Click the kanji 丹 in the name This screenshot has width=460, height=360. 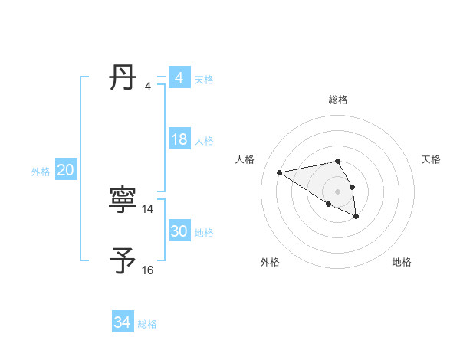pos(123,77)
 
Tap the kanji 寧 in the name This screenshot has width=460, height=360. pos(123,201)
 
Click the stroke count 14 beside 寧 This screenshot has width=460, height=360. pos(148,208)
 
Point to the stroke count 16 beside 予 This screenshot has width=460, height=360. pos(148,270)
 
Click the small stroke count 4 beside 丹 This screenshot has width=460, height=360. pos(148,86)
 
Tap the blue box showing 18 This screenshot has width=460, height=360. pos(179,139)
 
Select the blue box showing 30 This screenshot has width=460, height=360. pos(179,231)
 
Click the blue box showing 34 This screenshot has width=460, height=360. pos(122,322)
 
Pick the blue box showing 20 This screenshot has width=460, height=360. pos(65,170)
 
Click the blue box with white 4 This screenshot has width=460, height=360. pos(179,78)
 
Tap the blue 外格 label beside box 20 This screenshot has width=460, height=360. pos(41,172)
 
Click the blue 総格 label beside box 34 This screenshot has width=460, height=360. pos(147,324)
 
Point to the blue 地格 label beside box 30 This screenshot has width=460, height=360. pos(204,233)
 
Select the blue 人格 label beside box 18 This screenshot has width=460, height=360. pos(204,141)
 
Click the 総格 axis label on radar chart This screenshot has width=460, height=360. pos(338,100)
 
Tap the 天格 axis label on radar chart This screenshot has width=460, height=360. pos(431,159)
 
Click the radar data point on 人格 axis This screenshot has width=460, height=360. pos(280,172)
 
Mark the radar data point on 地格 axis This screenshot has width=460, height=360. pos(356,217)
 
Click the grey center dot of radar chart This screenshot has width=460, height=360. pos(338,191)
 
